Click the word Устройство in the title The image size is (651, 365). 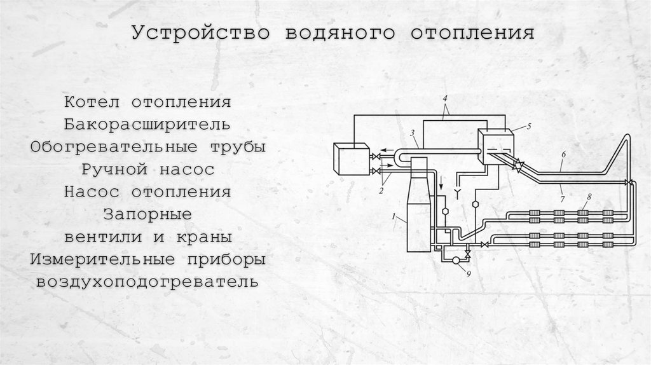(x=201, y=33)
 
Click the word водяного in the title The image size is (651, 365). (x=340, y=33)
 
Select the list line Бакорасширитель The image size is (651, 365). (x=147, y=125)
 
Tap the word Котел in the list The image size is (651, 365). (x=92, y=102)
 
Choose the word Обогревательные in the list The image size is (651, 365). (x=114, y=147)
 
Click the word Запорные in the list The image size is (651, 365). (x=147, y=214)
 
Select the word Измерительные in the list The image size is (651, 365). (x=102, y=259)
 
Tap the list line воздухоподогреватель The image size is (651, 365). (x=147, y=282)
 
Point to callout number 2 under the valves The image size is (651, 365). (x=381, y=191)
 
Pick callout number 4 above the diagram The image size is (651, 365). (x=444, y=99)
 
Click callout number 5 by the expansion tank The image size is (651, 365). (x=528, y=127)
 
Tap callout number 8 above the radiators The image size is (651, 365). (x=589, y=197)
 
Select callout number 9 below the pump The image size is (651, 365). (x=469, y=273)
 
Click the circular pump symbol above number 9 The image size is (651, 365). (x=456, y=260)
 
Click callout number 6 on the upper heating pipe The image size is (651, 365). (x=563, y=155)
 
